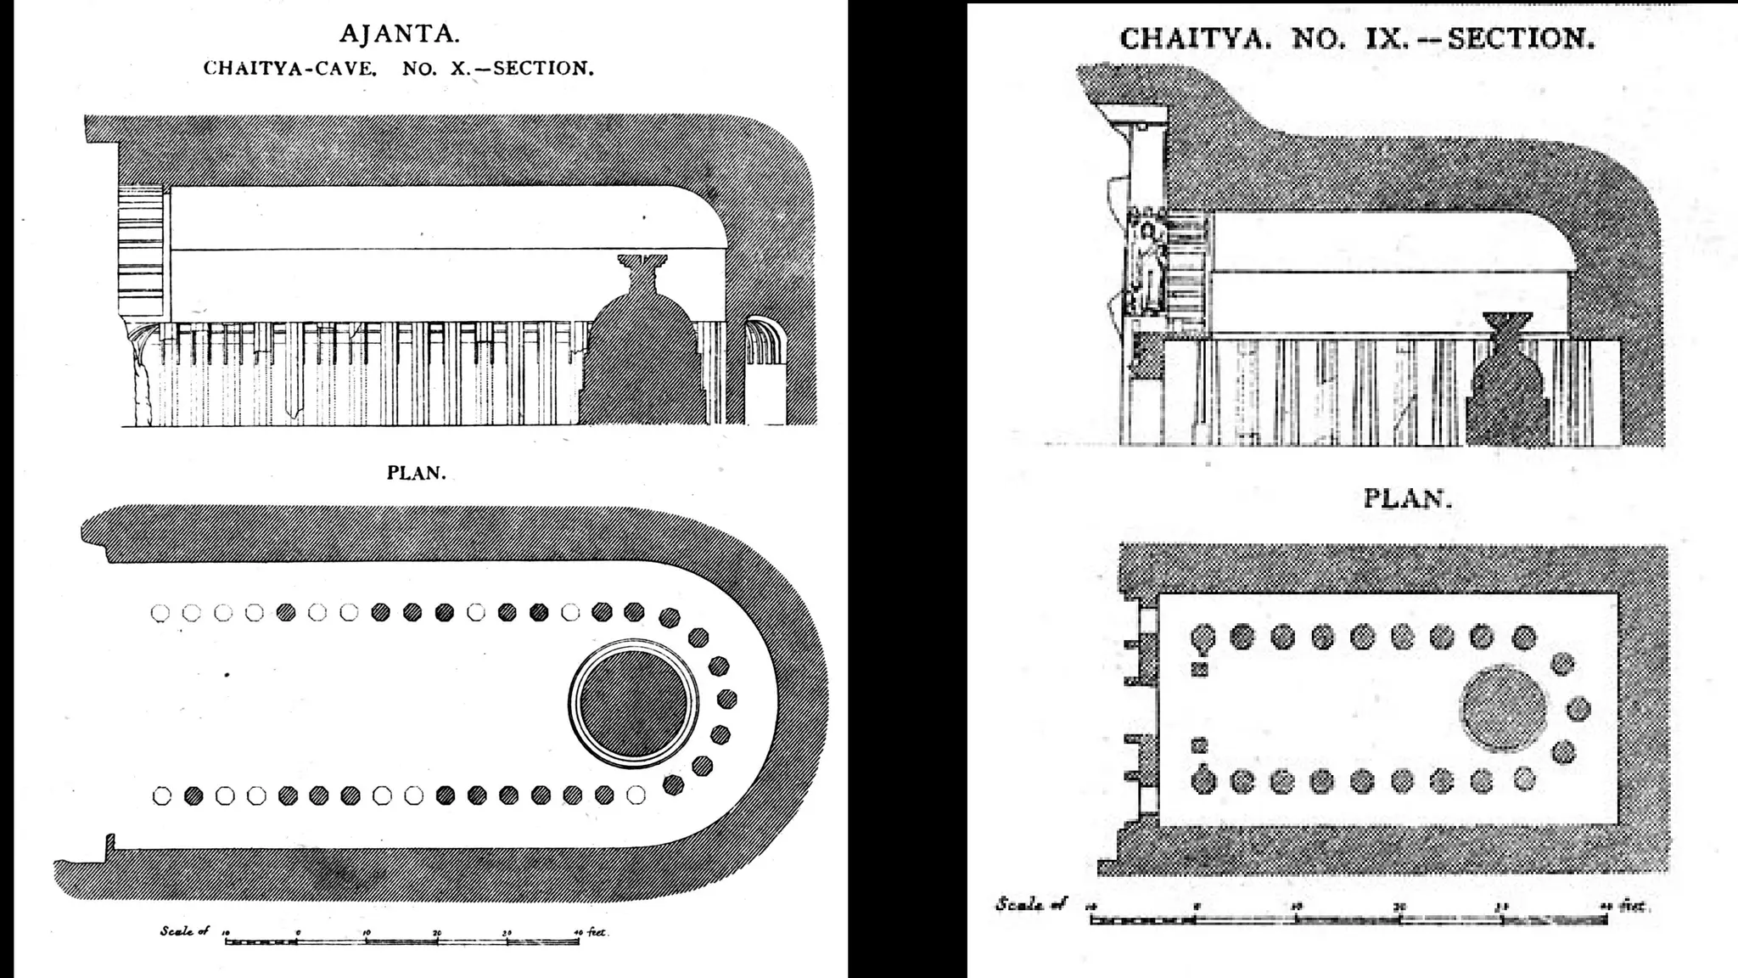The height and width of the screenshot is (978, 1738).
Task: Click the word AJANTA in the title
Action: pos(399,34)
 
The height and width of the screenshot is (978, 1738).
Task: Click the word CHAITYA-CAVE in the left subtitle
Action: pos(289,69)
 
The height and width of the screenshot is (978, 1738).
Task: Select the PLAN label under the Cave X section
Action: pos(416,473)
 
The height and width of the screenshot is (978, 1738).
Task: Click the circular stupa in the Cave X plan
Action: pos(634,703)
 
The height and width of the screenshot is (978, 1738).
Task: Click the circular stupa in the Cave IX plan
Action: pos(1503,708)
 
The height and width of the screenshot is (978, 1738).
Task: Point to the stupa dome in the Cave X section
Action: pos(643,357)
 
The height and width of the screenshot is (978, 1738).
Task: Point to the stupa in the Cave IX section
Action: pos(1507,382)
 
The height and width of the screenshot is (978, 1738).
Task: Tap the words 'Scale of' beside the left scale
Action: pos(184,931)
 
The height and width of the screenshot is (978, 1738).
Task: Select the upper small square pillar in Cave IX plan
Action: pos(1200,670)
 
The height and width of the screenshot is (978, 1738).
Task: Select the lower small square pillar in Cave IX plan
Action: pos(1199,745)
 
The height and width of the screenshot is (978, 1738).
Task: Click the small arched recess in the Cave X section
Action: pos(766,340)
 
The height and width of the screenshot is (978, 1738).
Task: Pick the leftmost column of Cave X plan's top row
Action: pos(160,612)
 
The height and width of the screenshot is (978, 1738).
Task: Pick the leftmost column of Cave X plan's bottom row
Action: pos(161,795)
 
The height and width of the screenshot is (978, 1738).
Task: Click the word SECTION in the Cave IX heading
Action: pos(1521,39)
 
